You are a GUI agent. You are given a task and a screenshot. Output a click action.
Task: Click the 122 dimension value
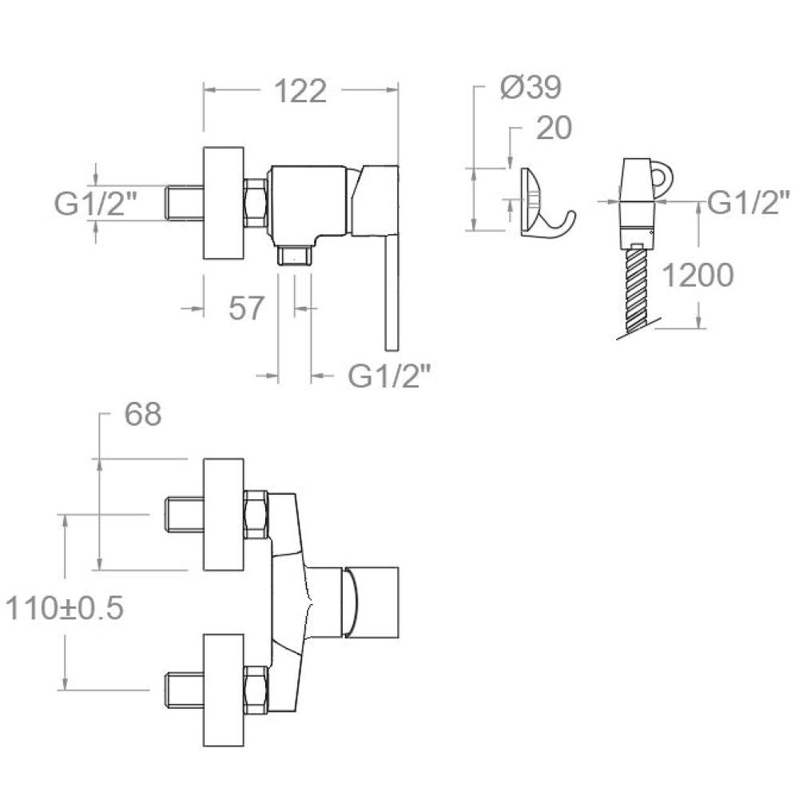(300, 91)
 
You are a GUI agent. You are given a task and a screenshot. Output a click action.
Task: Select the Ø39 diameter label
(531, 87)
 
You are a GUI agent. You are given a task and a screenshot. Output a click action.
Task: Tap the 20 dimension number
(554, 128)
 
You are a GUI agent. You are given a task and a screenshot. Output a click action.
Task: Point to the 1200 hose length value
(698, 275)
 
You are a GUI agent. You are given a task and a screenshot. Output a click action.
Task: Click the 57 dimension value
(246, 308)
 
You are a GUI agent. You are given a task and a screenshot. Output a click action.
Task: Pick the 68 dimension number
(143, 414)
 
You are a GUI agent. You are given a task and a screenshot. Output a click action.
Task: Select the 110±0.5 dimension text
(65, 609)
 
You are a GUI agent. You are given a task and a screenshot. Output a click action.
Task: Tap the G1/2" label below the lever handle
(388, 376)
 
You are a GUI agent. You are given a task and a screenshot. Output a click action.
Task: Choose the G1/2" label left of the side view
(95, 203)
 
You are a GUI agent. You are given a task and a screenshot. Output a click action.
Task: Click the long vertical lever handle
(392, 292)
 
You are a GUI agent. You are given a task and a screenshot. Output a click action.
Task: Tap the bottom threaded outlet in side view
(295, 255)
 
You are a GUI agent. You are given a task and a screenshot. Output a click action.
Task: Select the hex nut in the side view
(255, 203)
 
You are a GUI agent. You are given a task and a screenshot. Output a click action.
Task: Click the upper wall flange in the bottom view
(224, 515)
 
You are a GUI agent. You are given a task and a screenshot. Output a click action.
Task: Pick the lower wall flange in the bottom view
(224, 690)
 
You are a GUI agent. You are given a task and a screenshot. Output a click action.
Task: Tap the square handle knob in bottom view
(372, 602)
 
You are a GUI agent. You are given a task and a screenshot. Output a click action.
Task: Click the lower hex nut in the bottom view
(256, 689)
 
